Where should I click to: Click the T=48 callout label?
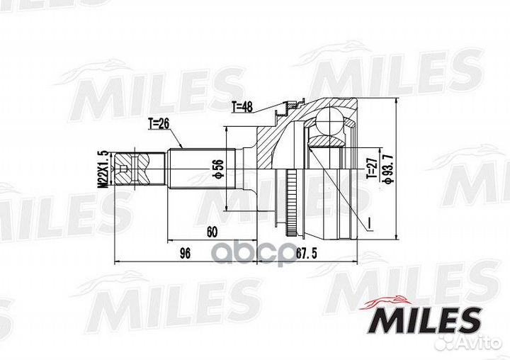point(243,108)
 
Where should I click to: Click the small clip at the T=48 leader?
point(287,108)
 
